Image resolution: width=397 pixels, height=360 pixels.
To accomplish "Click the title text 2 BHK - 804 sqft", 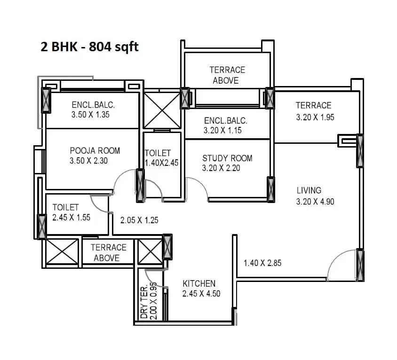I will (x=90, y=47).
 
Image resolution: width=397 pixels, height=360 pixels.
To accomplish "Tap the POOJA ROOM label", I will (x=95, y=151).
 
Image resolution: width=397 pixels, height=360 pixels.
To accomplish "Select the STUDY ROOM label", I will (x=227, y=158).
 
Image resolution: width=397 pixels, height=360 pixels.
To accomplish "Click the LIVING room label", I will (x=309, y=190).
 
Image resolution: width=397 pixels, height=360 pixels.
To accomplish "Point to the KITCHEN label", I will (x=199, y=283).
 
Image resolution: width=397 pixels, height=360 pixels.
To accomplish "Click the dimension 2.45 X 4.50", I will (x=201, y=294).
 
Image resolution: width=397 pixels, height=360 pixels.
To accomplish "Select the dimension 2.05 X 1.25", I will (x=139, y=220).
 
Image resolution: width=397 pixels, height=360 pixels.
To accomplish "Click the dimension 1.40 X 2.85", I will (x=262, y=263).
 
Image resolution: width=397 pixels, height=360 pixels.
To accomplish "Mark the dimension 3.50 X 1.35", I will (x=90, y=115).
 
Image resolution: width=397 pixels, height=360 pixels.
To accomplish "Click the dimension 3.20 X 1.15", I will (x=222, y=131).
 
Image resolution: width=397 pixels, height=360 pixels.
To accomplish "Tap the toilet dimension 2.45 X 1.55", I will (x=71, y=218).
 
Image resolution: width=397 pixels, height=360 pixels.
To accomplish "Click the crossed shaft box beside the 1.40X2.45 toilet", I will (x=162, y=110).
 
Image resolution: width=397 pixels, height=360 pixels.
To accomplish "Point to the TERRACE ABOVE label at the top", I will (x=227, y=75).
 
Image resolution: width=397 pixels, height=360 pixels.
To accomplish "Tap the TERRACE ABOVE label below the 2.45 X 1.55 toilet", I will (x=109, y=252).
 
